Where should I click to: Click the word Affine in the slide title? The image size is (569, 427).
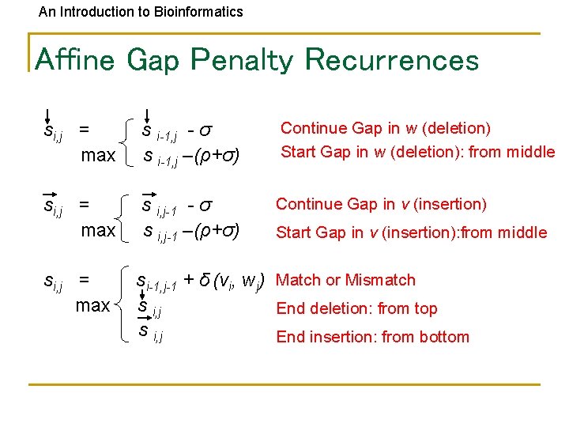pos(76,60)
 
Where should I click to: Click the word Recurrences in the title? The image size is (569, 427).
pos(391,60)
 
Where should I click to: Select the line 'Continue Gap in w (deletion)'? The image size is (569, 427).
pos(386,128)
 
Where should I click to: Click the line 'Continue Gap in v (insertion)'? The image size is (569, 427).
pos(381,204)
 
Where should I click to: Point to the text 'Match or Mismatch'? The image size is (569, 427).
pos(345,280)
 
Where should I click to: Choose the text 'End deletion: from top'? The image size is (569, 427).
pos(356,308)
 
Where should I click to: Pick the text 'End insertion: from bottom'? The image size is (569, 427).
pos(372,337)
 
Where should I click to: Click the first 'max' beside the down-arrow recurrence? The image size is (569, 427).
pos(99,155)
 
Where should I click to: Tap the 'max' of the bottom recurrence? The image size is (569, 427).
pos(93,304)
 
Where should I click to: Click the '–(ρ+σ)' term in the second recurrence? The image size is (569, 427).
pos(214,232)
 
